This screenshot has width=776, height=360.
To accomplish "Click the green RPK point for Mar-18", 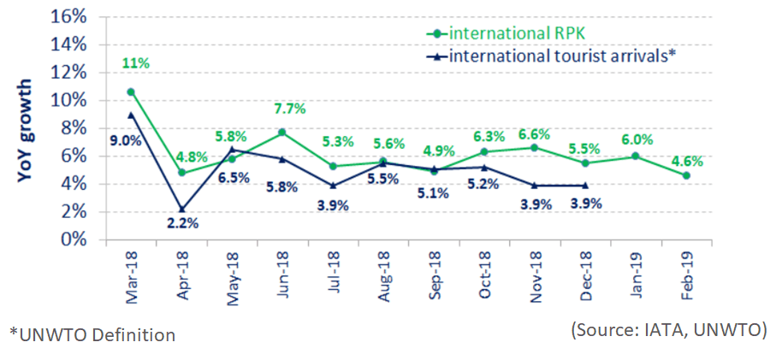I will pyautogui.click(x=131, y=91).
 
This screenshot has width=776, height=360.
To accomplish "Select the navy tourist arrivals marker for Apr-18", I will pyautogui.click(x=181, y=209).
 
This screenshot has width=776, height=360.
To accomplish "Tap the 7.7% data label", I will pyautogui.click(x=290, y=109).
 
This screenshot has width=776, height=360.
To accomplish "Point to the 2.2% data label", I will pyautogui.click(x=182, y=224).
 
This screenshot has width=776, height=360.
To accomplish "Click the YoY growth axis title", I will pyautogui.click(x=27, y=131).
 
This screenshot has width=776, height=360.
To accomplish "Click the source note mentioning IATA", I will pyautogui.click(x=668, y=330).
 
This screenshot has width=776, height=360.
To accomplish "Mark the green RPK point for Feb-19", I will pyautogui.click(x=686, y=175).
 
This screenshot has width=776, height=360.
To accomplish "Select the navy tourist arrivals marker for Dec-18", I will pyautogui.click(x=585, y=185).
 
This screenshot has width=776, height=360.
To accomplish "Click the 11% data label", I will pyautogui.click(x=135, y=62).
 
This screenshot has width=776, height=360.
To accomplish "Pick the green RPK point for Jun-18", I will pyautogui.click(x=282, y=133).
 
